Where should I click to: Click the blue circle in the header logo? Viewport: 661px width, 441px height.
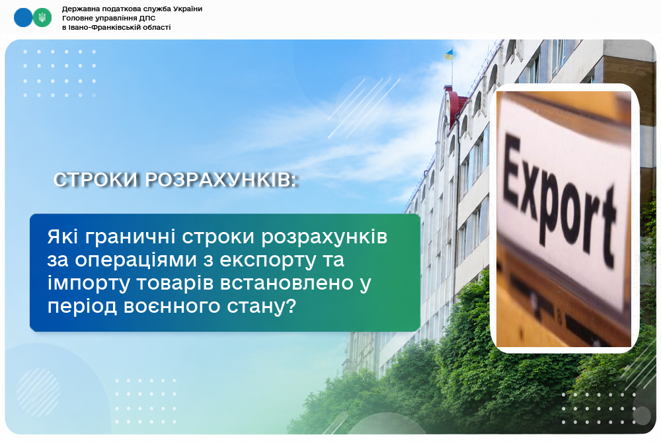[23, 18]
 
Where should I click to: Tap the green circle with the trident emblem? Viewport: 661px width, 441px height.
[42, 18]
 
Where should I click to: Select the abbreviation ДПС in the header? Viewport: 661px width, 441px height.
[147, 18]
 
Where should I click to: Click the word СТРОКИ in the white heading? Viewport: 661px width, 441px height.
[96, 180]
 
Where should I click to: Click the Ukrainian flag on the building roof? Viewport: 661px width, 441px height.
[449, 54]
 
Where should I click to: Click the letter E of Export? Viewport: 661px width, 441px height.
[513, 169]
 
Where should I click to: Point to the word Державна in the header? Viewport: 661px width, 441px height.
[77, 9]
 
